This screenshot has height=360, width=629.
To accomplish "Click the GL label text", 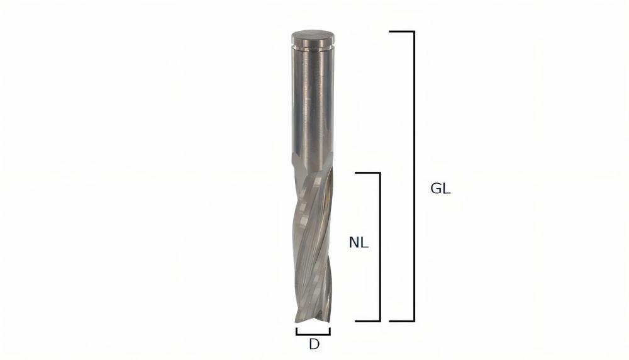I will coord(440,189).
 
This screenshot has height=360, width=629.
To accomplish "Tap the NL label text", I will coord(359,242).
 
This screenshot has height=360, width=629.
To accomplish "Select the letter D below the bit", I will coord(313,344).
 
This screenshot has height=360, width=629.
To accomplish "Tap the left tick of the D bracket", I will coord(297,330).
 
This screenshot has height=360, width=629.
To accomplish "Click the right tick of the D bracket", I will coord(330,330).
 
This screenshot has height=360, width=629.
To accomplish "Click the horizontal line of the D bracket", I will coord(313,334).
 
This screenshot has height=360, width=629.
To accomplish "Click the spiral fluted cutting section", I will coord(313,245).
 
